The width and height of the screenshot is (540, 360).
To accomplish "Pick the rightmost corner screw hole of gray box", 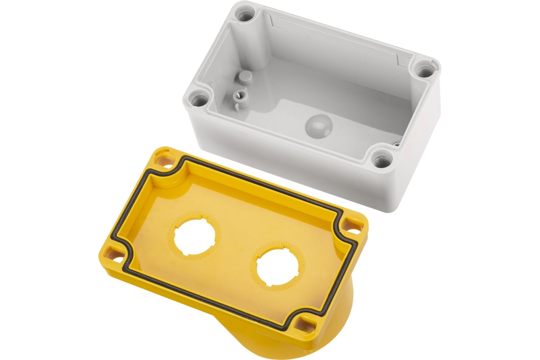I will (424, 70).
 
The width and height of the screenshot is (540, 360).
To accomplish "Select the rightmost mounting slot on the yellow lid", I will (354, 226).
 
